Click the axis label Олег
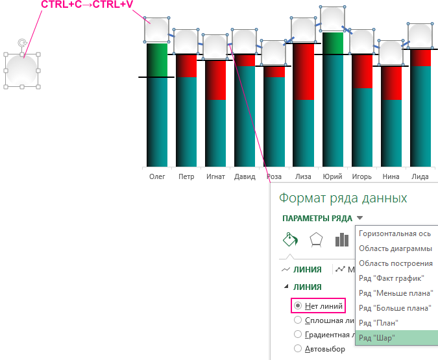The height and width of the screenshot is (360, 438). [x=157, y=176]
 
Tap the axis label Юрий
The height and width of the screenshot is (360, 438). [x=332, y=176]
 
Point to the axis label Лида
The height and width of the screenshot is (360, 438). [x=420, y=176]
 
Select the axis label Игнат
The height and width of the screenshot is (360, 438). [x=215, y=176]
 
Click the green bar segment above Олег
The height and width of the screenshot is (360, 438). [x=157, y=60]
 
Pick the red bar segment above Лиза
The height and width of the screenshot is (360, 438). [x=302, y=71]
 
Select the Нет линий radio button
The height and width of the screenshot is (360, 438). [x=298, y=305]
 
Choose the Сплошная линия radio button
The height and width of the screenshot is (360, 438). [x=298, y=320]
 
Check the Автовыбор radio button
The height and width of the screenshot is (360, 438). [x=298, y=348]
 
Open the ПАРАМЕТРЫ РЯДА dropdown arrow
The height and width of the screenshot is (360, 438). [x=360, y=219]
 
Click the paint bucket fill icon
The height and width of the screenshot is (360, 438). [x=289, y=240]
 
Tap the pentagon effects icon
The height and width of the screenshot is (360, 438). [x=316, y=240]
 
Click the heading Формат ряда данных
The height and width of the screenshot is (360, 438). [x=343, y=198]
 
